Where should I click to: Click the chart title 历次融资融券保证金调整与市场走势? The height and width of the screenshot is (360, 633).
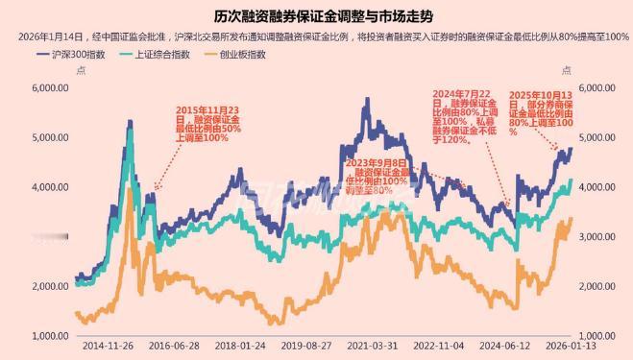pos(316,14)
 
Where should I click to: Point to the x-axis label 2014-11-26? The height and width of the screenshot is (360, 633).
pos(108,345)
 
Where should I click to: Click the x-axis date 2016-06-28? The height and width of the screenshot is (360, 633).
pos(174,345)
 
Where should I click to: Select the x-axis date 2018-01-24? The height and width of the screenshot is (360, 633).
pos(240,345)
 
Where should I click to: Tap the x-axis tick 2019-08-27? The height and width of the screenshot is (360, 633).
pos(306,345)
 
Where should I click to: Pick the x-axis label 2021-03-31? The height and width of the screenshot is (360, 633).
pos(373,345)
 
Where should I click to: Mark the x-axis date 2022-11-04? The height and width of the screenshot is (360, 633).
pos(439,345)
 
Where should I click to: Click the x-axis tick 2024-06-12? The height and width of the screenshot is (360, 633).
pos(505,345)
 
